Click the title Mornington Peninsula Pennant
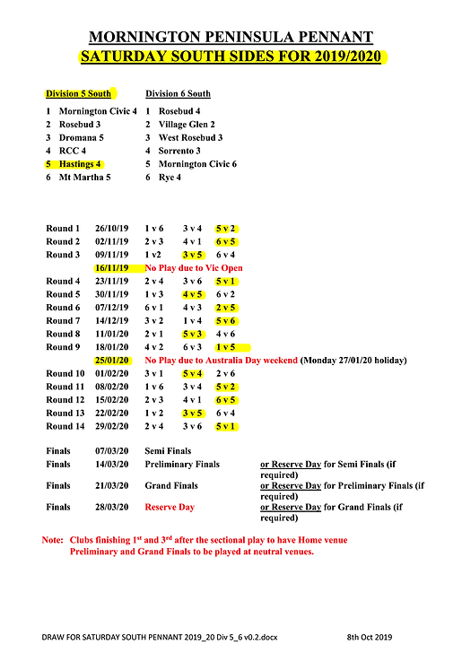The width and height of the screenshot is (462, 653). pyautogui.click(x=231, y=37)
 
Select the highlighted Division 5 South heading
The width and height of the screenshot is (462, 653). pyautogui.click(x=79, y=93)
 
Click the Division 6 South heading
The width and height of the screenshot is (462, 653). pyautogui.click(x=179, y=93)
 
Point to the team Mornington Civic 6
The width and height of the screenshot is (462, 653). pyautogui.click(x=197, y=164)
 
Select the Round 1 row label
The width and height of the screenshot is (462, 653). pyautogui.click(x=63, y=229)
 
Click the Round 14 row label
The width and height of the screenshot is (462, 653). pyautogui.click(x=65, y=425)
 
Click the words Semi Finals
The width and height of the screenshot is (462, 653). pyautogui.click(x=171, y=451)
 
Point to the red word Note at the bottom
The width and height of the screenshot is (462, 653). pyautogui.click(x=51, y=540)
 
